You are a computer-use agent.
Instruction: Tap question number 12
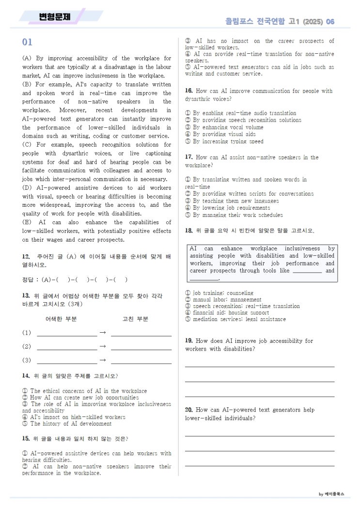[x=26, y=256]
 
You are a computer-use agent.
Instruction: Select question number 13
[x=26, y=295]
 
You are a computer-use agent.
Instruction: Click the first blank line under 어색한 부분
[x=66, y=334]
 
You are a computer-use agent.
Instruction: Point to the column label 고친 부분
[x=135, y=319]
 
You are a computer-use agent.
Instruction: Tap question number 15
[x=26, y=439]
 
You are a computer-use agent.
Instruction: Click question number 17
[x=189, y=157]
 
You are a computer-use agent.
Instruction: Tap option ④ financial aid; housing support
[x=231, y=313]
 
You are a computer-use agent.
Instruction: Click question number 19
[x=189, y=341]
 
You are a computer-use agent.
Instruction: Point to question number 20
[x=189, y=410]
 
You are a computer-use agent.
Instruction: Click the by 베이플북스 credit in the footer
[x=331, y=494]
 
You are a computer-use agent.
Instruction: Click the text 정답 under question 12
[x=27, y=279]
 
